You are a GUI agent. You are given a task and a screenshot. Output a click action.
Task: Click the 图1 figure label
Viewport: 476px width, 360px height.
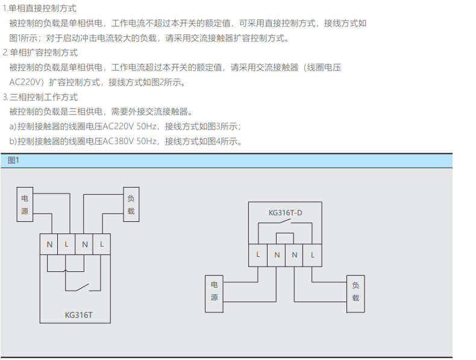click(13, 160)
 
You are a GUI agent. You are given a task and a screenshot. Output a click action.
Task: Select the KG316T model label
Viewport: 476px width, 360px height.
click(78, 315)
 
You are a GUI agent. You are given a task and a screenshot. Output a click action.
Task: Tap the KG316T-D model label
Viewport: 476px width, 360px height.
click(286, 213)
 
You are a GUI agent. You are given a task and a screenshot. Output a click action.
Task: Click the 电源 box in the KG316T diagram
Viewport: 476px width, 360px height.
click(25, 204)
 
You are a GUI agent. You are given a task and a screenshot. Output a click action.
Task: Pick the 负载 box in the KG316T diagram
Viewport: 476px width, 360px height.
click(131, 204)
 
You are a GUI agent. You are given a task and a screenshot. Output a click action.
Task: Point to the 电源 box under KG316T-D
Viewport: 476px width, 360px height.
click(214, 294)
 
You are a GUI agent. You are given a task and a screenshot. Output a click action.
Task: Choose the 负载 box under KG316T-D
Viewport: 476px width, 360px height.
click(355, 294)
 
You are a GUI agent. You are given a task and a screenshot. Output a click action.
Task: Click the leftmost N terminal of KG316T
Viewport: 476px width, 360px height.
click(49, 244)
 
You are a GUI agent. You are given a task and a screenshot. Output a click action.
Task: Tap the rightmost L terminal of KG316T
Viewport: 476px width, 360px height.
click(102, 244)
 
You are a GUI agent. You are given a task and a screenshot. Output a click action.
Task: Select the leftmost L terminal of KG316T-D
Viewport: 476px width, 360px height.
click(258, 255)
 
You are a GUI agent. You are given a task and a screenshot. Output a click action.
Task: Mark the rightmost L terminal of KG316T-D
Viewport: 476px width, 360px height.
click(312, 255)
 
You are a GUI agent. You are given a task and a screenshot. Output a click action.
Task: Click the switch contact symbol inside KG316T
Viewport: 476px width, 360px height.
click(83, 287)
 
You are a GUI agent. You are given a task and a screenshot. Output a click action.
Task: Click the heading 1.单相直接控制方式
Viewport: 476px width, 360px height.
click(39, 8)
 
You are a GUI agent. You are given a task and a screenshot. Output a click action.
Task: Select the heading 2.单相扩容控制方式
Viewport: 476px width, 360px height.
click(40, 52)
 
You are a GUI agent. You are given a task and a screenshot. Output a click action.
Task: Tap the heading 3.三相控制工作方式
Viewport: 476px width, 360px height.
click(40, 97)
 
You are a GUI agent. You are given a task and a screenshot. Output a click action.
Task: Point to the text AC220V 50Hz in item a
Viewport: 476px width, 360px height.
click(130, 127)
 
